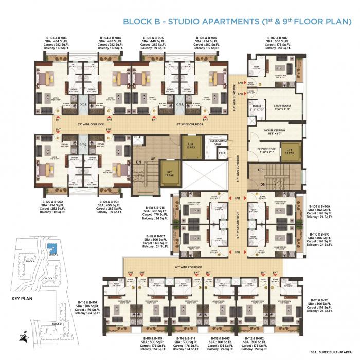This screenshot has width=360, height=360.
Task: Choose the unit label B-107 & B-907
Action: click(x=277, y=38)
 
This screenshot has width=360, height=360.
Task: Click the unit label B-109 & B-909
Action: click(x=319, y=206)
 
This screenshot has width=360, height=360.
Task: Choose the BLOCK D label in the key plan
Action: click(x=57, y=323)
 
